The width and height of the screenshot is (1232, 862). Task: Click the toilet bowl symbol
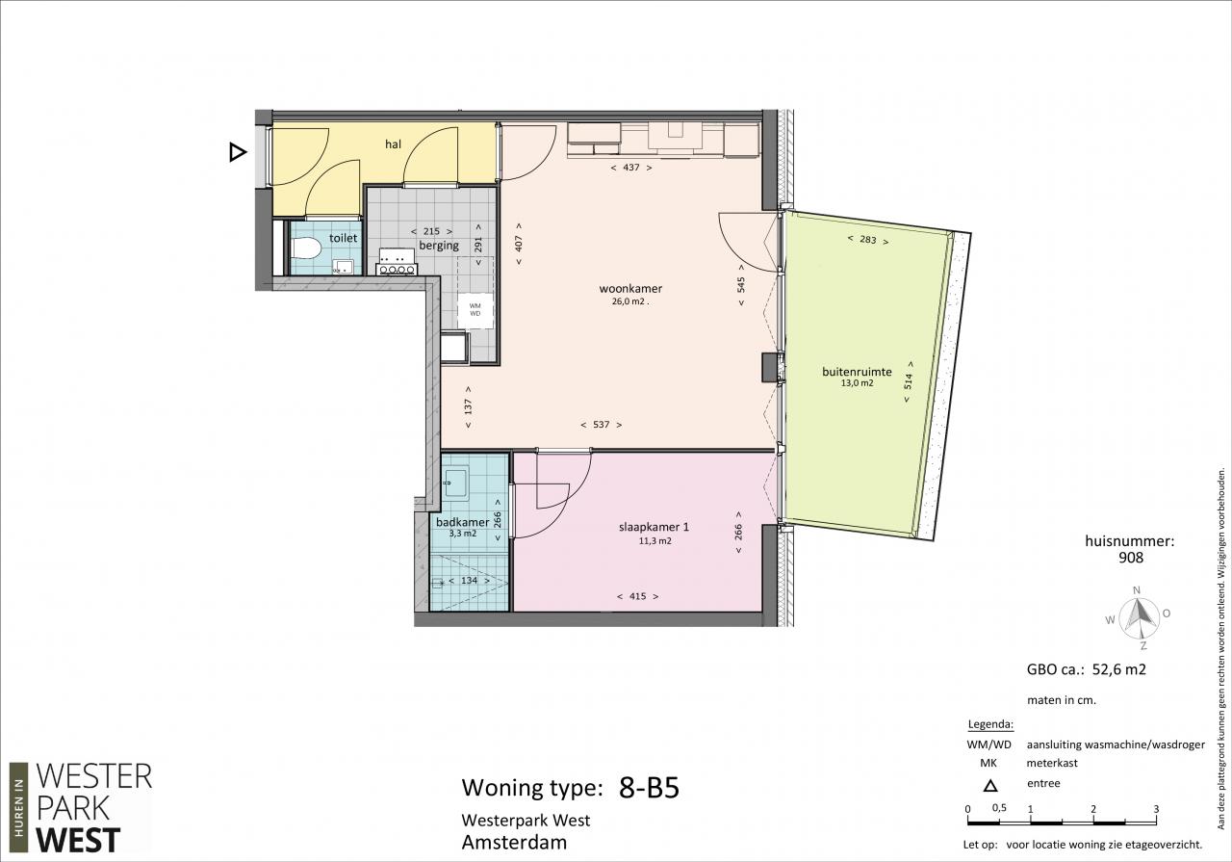pos(306,248)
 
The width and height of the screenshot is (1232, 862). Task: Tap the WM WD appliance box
pos(475,310)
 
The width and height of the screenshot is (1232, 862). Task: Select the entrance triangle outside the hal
pos(238,152)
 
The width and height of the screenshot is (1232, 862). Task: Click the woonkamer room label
pos(630,288)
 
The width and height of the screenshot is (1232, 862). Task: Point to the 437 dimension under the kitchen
pos(631,168)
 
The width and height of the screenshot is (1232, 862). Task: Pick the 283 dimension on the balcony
pos(868,240)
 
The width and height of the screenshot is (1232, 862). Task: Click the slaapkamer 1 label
pos(654,527)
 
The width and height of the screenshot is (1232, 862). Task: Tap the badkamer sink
pos(455,483)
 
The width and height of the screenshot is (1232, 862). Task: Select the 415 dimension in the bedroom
pos(637,596)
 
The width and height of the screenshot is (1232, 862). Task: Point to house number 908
pos(1131,558)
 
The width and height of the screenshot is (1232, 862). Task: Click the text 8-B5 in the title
pos(649,788)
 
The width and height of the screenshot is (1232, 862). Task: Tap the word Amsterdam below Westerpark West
pos(514,842)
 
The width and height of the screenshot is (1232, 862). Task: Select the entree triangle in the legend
pos(990,786)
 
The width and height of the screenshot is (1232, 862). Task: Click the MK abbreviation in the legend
pos(988,764)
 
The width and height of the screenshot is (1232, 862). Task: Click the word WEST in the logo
pos(78,841)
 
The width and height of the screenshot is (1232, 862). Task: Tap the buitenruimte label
pos(857,372)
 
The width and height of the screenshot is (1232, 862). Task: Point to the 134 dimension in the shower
pos(469,581)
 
